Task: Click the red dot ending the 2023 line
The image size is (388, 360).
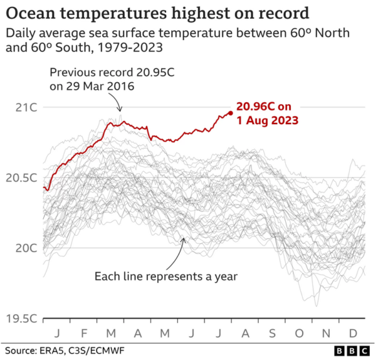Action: point(231,112)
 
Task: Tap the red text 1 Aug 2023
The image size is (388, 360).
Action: point(267,120)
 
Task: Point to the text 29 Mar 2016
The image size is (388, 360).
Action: point(93,87)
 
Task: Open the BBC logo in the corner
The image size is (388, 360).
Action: point(353,350)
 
